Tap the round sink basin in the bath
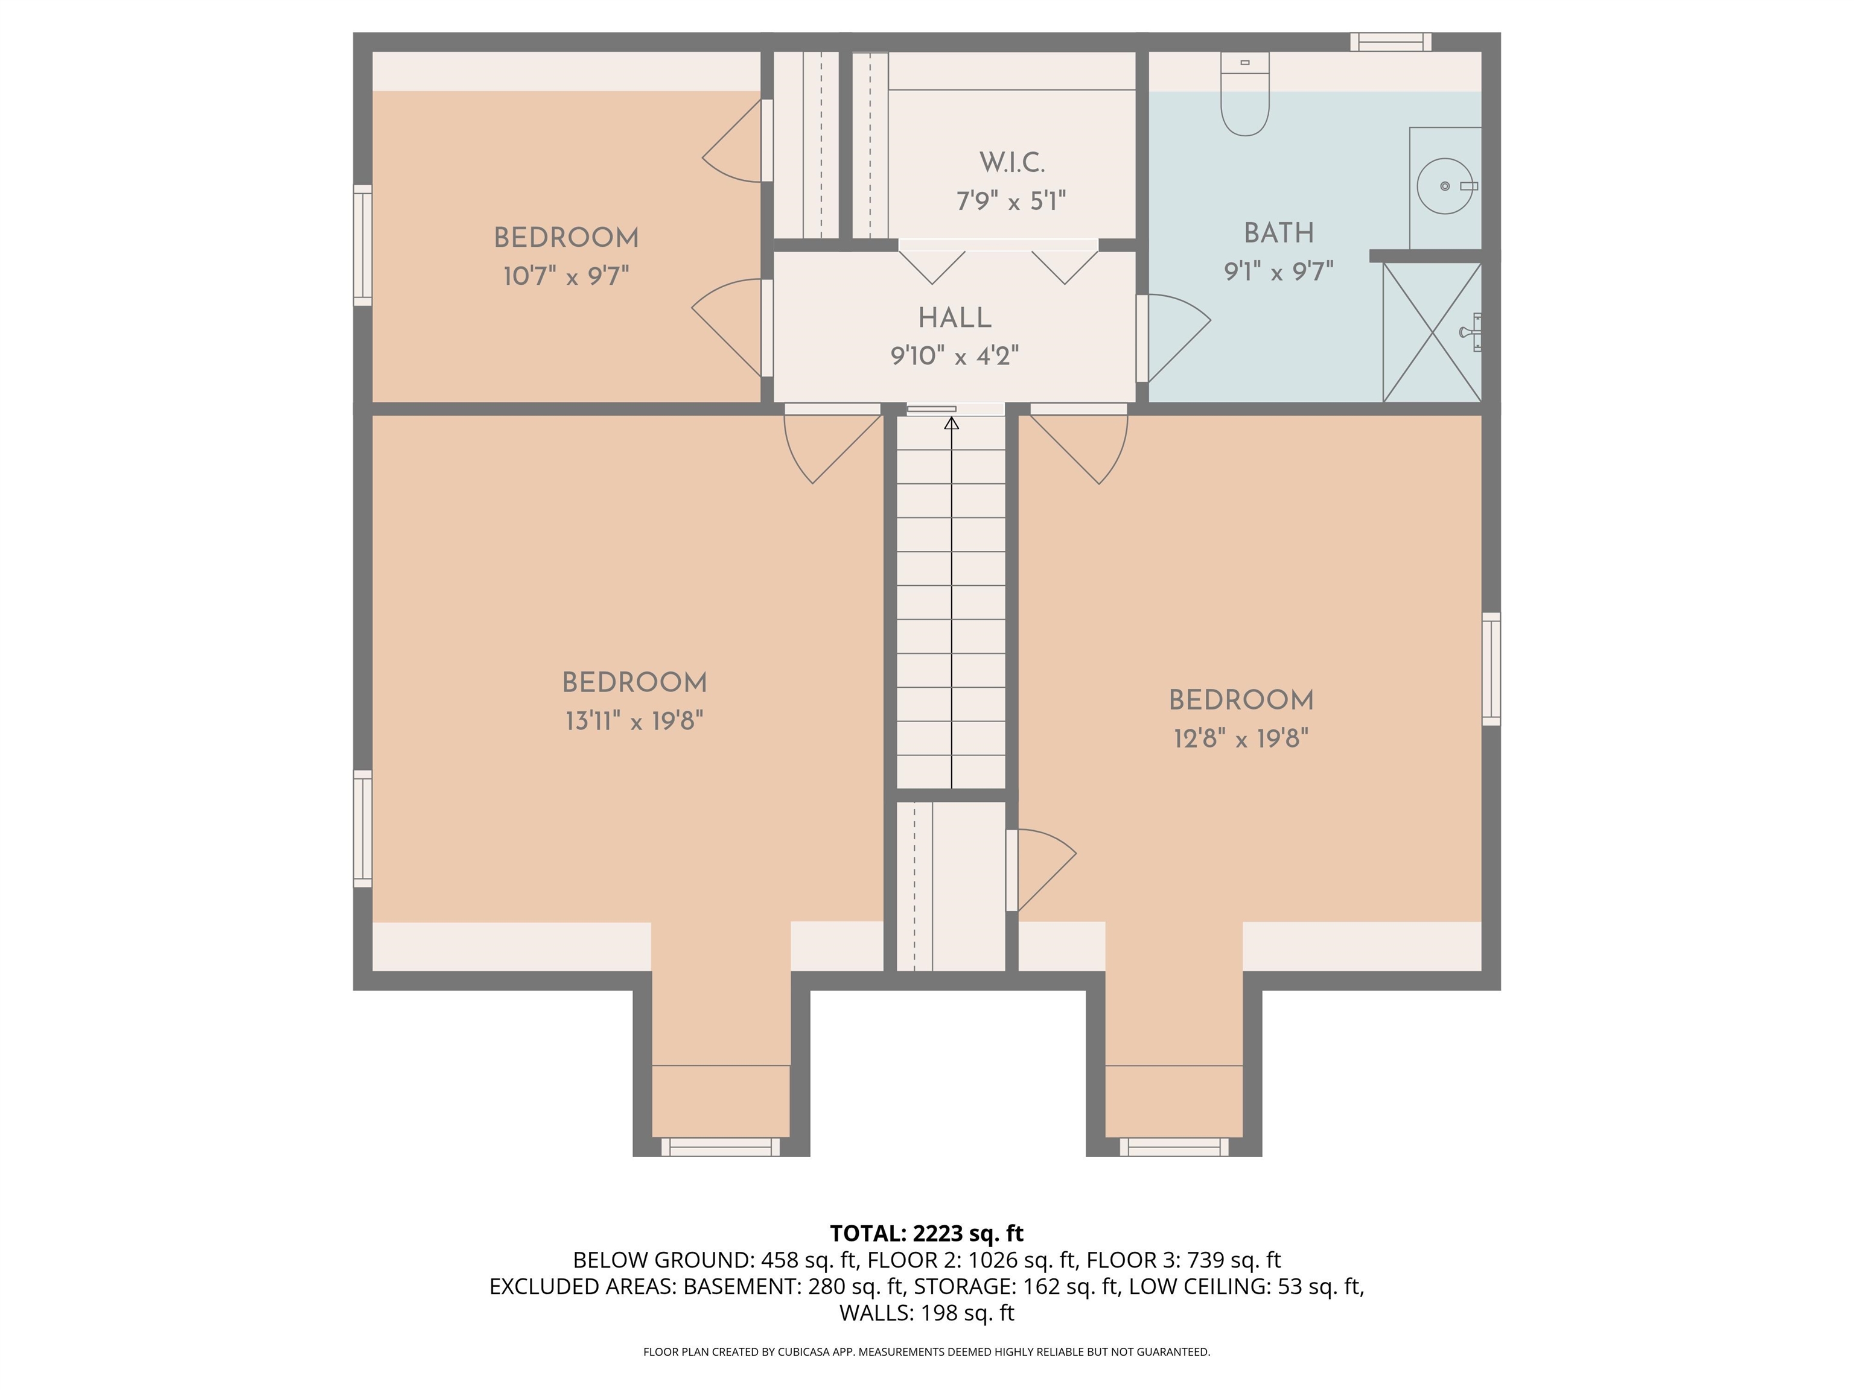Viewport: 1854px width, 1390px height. click(1444, 186)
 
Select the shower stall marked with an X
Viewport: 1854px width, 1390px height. click(1432, 332)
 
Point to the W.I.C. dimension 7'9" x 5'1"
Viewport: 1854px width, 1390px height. click(1011, 201)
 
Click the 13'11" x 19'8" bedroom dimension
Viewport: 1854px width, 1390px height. click(634, 720)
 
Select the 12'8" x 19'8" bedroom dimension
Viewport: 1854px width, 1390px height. click(1240, 739)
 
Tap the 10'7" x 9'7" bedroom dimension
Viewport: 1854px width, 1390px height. click(565, 276)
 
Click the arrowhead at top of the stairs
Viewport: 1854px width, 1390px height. click(951, 424)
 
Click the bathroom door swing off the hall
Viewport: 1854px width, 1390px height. click(1173, 335)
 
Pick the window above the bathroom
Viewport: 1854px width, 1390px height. click(1390, 41)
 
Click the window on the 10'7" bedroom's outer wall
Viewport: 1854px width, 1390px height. click(362, 245)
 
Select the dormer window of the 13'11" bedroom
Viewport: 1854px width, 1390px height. click(720, 1147)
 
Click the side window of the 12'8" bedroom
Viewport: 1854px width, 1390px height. click(1491, 668)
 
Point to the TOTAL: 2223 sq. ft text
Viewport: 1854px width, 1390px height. click(926, 1233)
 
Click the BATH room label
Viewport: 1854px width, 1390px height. click(1278, 233)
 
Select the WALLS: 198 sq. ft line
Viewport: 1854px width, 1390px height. click(926, 1313)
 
